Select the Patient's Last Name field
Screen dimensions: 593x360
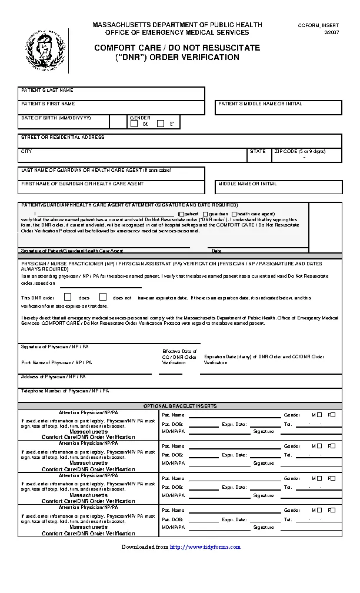click(x=112, y=95)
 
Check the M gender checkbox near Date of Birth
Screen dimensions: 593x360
click(x=134, y=124)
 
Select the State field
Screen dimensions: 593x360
click(x=259, y=155)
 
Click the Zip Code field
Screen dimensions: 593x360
click(x=306, y=155)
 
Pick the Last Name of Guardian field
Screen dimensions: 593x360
click(x=112, y=174)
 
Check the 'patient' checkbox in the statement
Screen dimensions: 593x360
click(x=181, y=214)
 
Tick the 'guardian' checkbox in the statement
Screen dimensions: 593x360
click(x=205, y=214)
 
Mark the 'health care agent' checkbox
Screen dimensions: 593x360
click(x=234, y=214)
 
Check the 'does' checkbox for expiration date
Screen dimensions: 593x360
click(x=68, y=297)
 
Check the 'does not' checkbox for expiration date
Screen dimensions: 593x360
click(x=103, y=297)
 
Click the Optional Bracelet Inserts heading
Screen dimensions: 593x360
click(x=180, y=406)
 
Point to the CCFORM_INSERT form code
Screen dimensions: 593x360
click(x=319, y=25)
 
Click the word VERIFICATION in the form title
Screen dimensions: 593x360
click(x=208, y=58)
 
